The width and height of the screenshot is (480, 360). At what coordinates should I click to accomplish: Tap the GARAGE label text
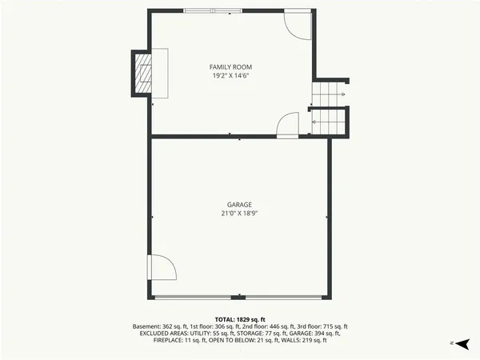(x=240, y=205)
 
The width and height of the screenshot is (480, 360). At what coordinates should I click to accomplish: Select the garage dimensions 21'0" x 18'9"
(x=240, y=214)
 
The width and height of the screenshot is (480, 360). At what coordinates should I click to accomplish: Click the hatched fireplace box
(x=142, y=73)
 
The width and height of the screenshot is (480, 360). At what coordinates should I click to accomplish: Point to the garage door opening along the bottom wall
(x=240, y=298)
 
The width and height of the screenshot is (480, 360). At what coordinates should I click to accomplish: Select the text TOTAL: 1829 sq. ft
(x=240, y=318)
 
